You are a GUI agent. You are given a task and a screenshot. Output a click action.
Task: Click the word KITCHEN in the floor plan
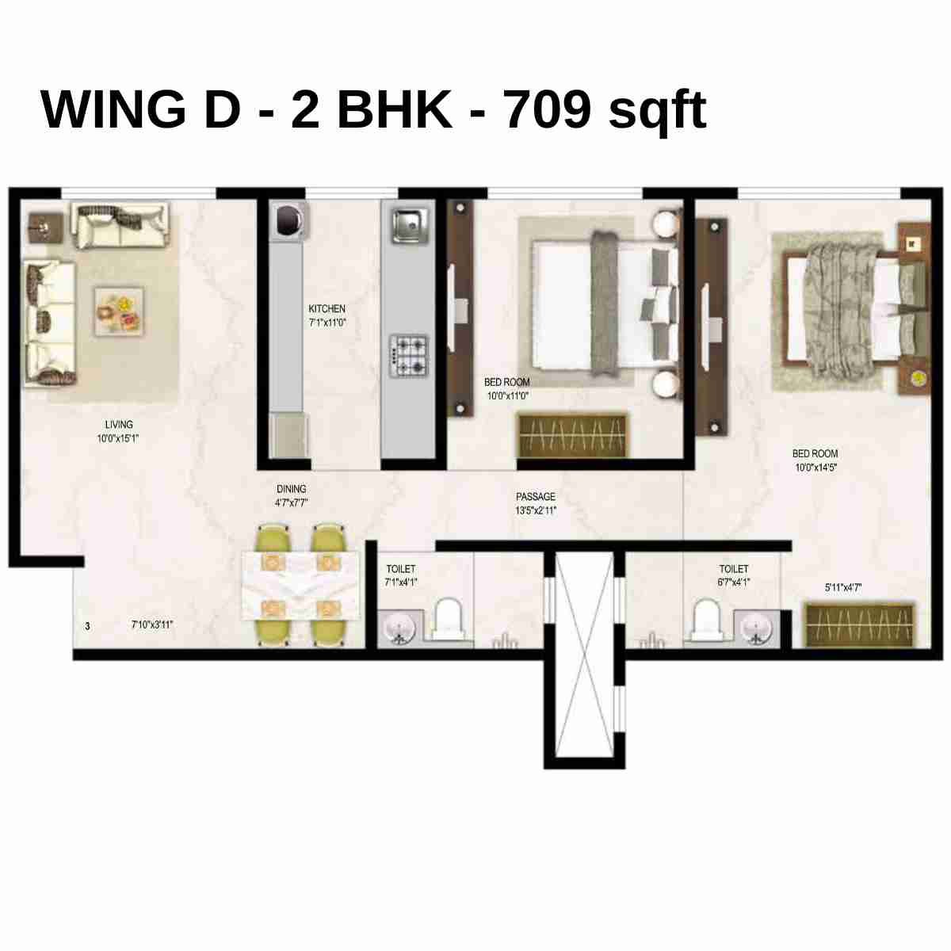click(x=327, y=308)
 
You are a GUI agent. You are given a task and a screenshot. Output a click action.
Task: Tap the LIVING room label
click(x=119, y=424)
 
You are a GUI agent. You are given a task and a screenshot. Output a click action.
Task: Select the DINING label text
click(x=291, y=489)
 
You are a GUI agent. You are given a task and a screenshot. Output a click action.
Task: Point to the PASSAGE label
click(x=536, y=497)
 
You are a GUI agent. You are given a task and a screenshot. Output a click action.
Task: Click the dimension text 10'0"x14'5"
click(x=815, y=468)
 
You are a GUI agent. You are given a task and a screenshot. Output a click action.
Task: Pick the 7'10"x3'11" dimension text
click(x=152, y=625)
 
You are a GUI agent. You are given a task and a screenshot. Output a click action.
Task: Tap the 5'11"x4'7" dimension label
click(x=843, y=587)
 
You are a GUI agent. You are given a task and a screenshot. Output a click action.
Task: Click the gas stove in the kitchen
click(x=408, y=356)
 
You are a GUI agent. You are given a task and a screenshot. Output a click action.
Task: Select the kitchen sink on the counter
click(x=408, y=223)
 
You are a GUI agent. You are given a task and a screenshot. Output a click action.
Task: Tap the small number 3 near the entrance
click(x=87, y=626)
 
